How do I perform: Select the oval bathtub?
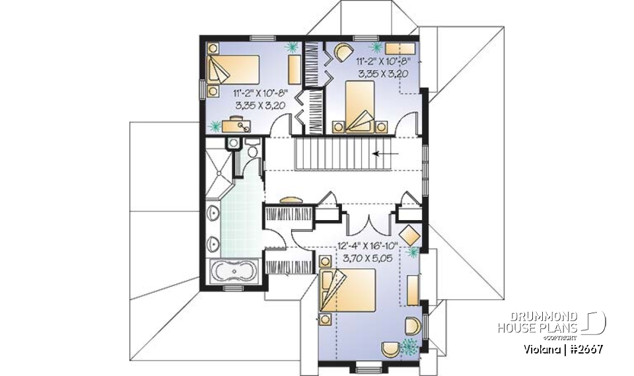pyautogui.click(x=234, y=272)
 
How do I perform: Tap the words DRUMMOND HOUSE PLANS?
pyautogui.click(x=538, y=322)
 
